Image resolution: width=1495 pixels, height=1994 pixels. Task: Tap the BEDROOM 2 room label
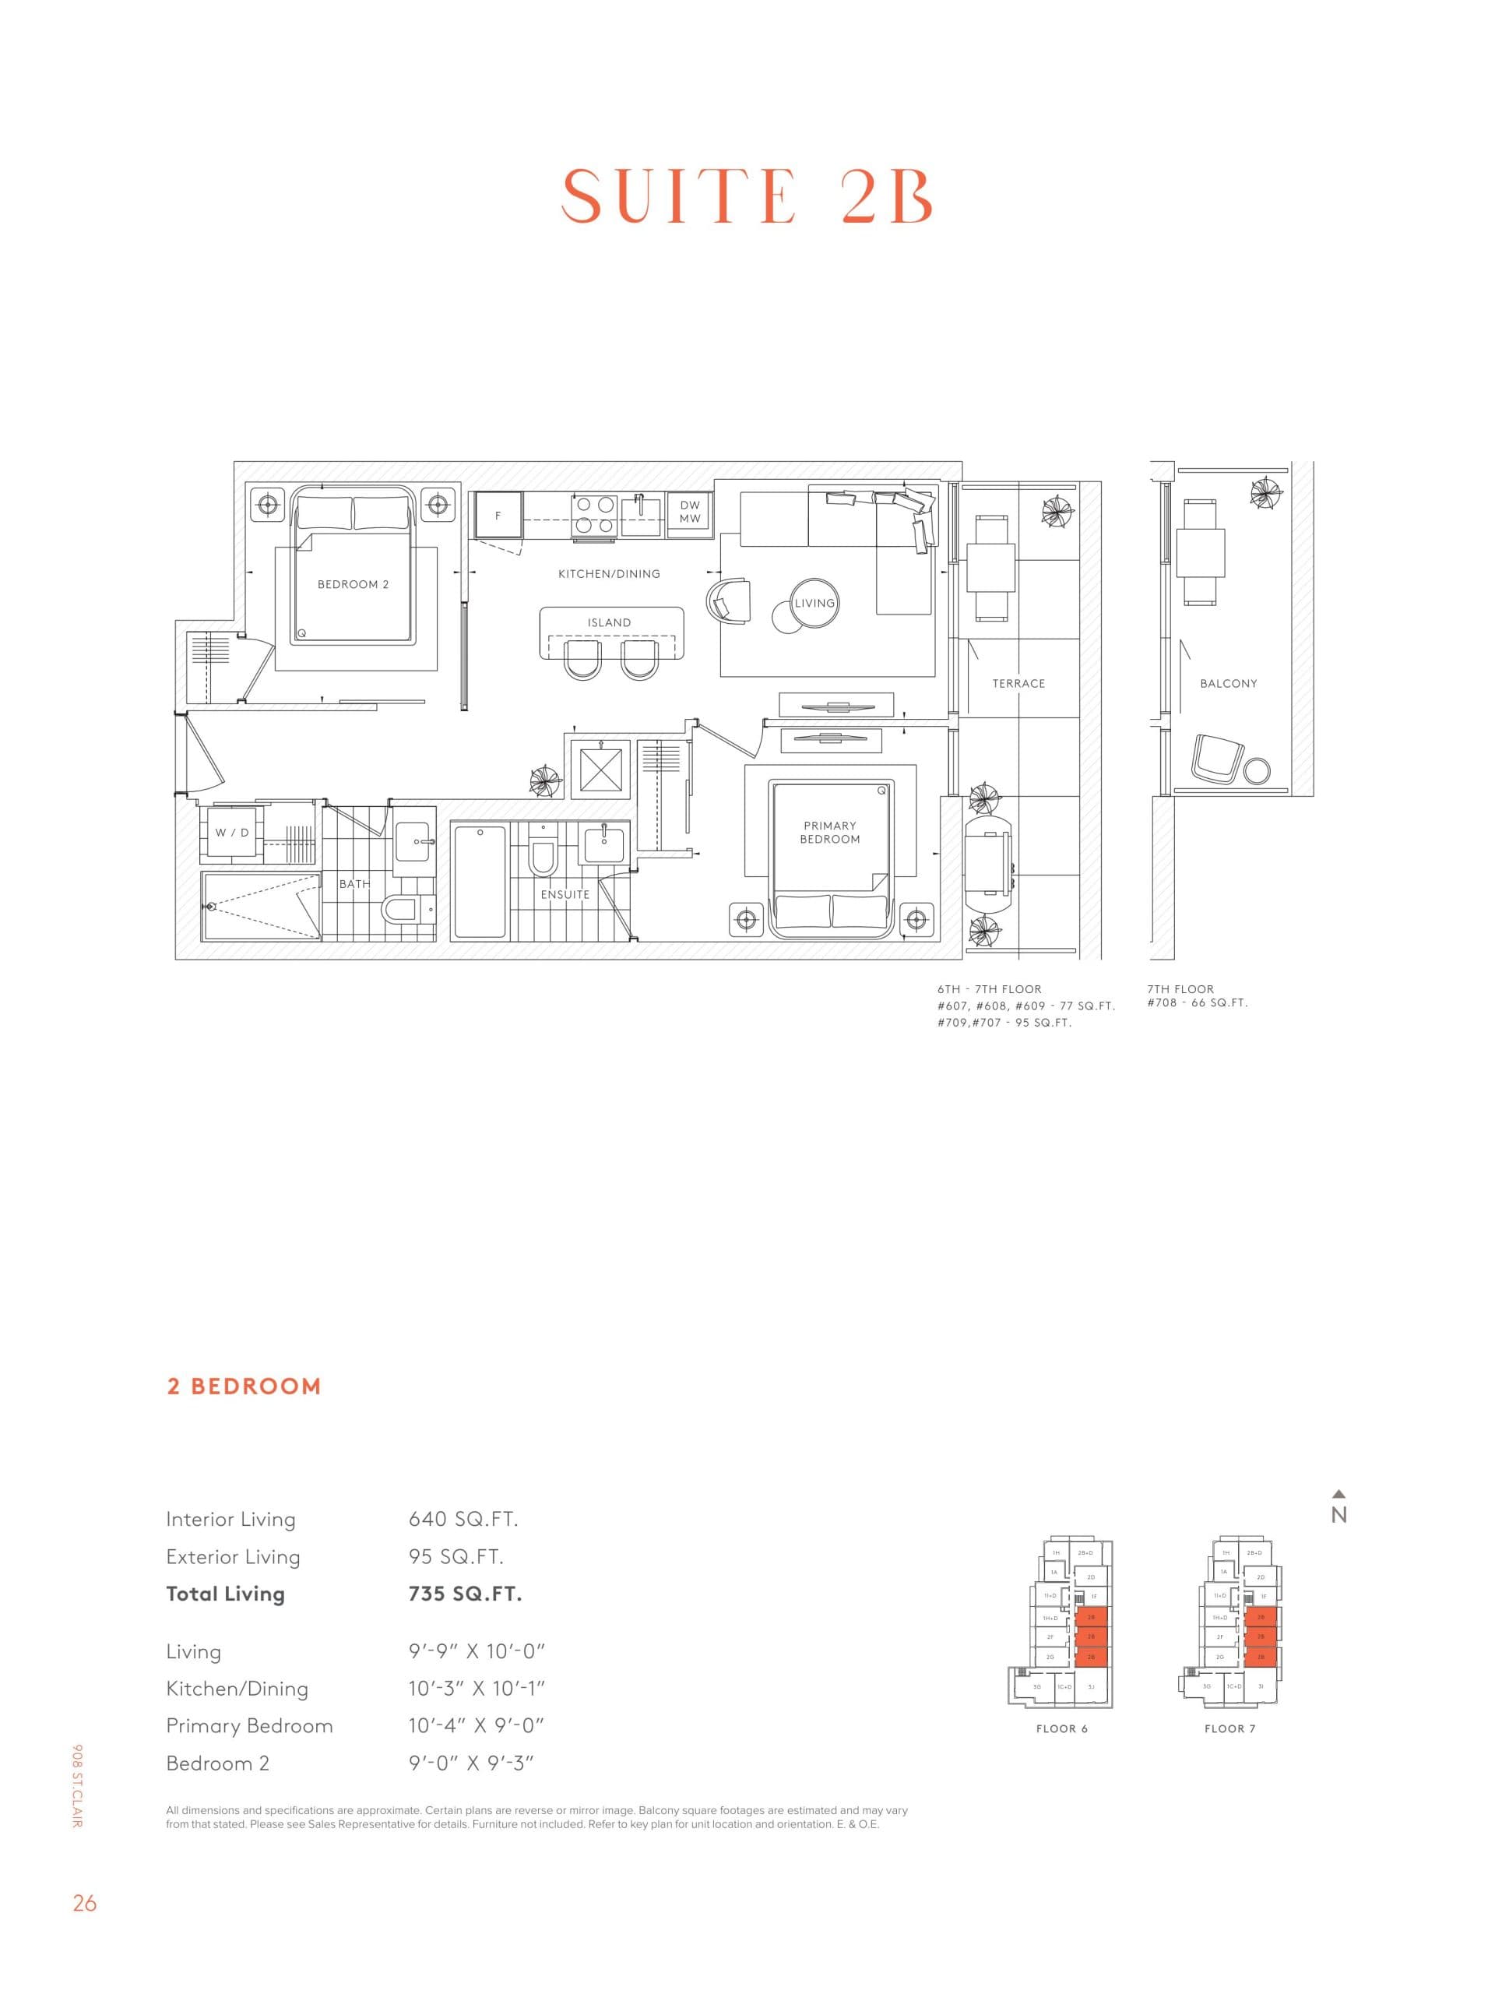coord(353,584)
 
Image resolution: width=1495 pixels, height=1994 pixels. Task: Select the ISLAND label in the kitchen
coord(609,622)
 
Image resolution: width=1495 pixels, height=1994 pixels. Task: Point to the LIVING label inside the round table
coord(814,603)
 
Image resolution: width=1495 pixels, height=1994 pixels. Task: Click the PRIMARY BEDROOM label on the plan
coord(829,832)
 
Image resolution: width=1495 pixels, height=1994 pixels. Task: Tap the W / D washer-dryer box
coord(231,832)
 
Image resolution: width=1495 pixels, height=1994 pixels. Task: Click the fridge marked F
coord(498,516)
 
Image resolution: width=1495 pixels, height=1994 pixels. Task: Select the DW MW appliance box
coord(689,512)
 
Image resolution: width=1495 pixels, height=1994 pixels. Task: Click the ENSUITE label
coord(565,894)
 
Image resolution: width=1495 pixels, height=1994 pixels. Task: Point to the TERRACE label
coord(1018,683)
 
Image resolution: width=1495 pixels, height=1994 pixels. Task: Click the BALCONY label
coord(1228,683)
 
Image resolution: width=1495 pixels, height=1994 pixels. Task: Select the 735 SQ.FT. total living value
coord(465,1594)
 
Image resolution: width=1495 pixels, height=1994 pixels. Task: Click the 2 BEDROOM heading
coord(243,1386)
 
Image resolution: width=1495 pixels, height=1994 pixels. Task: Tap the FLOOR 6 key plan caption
coord(1061,1728)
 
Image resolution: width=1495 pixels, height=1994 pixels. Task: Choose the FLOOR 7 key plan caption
coord(1229,1728)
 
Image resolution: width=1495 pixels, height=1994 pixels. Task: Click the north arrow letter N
coord(1338,1515)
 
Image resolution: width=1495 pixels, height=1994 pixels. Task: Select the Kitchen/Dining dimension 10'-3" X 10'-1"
coord(477,1689)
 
